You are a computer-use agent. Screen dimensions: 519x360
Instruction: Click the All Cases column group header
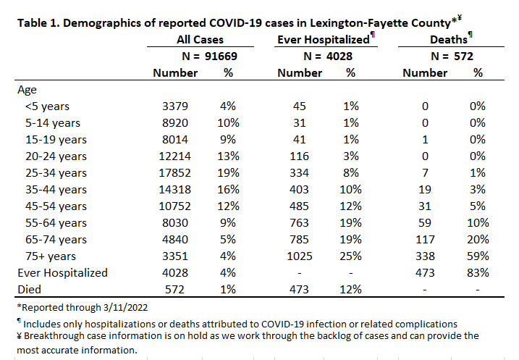coord(200,40)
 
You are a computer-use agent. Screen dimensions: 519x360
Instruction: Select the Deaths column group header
coord(449,40)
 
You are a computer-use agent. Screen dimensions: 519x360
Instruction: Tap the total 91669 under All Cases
coord(221,56)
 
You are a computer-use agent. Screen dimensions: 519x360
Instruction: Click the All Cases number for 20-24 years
coord(174,156)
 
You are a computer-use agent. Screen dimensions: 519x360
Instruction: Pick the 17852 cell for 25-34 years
coord(174,173)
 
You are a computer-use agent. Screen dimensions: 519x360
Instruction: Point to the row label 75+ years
coord(51,256)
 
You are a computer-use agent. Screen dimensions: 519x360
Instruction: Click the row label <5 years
coord(47,106)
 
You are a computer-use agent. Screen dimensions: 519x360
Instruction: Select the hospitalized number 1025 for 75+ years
coord(300,256)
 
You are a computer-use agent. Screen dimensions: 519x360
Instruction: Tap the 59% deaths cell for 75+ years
coord(478,256)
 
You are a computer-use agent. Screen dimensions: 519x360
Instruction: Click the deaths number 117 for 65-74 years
coord(425,240)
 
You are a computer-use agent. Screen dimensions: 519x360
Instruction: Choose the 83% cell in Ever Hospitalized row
coord(478,272)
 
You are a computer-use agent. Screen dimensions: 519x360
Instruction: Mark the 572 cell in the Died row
coord(174,290)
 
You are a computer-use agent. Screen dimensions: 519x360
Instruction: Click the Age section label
coord(27,90)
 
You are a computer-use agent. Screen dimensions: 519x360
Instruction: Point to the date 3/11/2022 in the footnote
coord(125,308)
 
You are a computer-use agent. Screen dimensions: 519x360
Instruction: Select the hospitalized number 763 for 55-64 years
coord(300,223)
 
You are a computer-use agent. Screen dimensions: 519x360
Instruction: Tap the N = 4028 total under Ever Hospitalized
coord(328,56)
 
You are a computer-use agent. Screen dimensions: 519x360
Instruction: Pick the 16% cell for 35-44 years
coord(229,190)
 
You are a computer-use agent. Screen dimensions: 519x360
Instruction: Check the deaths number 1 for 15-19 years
coord(425,140)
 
